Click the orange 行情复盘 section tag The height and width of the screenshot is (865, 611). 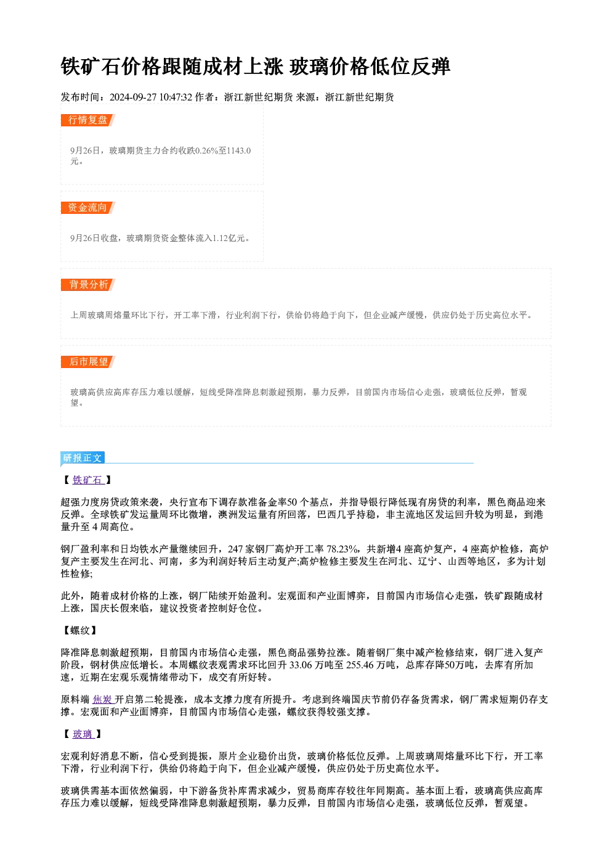click(x=88, y=120)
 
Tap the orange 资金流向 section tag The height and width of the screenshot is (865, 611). click(x=88, y=208)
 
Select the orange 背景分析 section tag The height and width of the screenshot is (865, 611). click(x=88, y=285)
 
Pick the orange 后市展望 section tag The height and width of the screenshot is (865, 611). click(x=88, y=362)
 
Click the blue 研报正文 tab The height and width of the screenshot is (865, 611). click(x=83, y=458)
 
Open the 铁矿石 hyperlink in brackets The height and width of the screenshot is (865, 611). click(x=88, y=480)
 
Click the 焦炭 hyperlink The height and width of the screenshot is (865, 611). click(x=103, y=699)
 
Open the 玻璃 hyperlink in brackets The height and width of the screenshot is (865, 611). click(x=83, y=734)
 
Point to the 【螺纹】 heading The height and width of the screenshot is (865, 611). click(x=80, y=631)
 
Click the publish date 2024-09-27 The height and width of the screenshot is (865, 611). click(x=133, y=97)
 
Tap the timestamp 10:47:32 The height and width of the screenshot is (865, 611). click(x=176, y=97)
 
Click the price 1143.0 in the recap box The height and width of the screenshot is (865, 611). click(x=239, y=150)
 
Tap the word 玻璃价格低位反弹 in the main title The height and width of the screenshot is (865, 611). click(x=370, y=67)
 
